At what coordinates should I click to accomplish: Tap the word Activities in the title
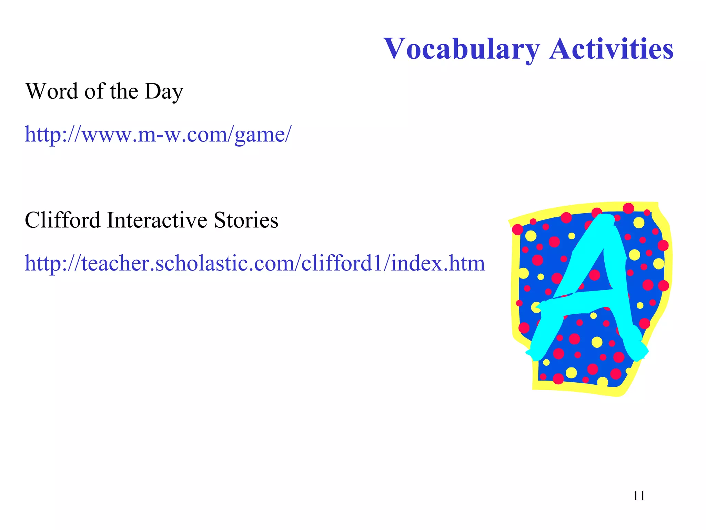coord(611,49)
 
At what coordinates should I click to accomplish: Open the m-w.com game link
coord(158,135)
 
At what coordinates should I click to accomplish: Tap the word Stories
coord(246,220)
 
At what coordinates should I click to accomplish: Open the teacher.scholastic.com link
coord(255,263)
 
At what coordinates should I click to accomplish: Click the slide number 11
coord(639,496)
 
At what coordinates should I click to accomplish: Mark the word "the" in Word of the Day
coord(124,91)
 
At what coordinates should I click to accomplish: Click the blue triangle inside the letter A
coord(595,273)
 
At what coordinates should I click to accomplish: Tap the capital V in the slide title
coord(395,49)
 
